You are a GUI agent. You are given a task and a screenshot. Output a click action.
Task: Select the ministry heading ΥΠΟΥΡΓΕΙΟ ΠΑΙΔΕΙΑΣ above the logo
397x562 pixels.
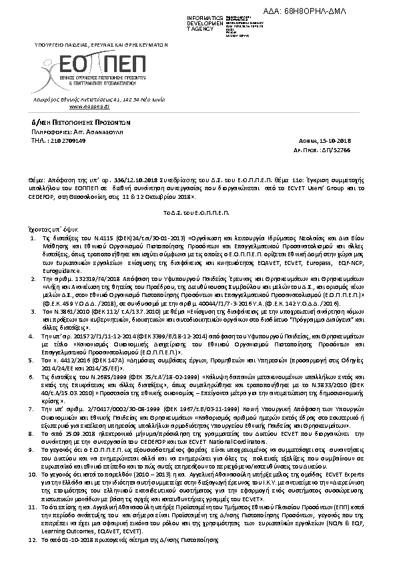click(100, 44)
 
